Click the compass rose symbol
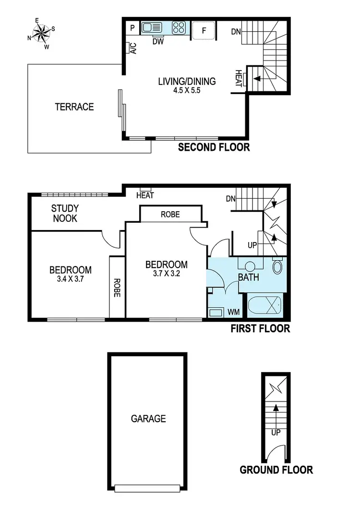coord(41,33)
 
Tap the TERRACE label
coord(74,107)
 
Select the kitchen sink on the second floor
coord(153,28)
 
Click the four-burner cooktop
coord(180,28)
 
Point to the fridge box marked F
coord(204,30)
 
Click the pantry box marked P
coord(132,28)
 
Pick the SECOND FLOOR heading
coord(214,147)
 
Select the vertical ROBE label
coord(117,287)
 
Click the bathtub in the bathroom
coord(264,305)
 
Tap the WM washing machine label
coord(233,312)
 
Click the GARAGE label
coord(148,419)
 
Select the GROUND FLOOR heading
coord(276,470)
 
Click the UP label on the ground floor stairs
coord(276,432)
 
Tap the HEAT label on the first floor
coord(144,195)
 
